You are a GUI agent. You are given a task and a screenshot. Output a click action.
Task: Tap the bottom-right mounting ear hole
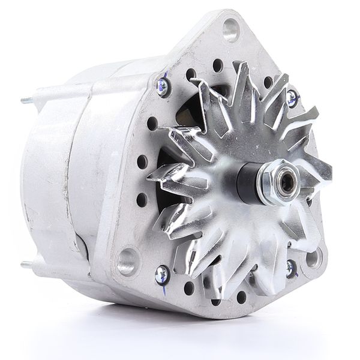(313, 258)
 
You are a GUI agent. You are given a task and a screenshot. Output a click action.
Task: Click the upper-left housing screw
(162, 86)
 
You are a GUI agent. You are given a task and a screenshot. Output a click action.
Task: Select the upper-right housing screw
(292, 96)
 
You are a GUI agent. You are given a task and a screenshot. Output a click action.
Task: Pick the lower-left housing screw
(161, 274)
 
